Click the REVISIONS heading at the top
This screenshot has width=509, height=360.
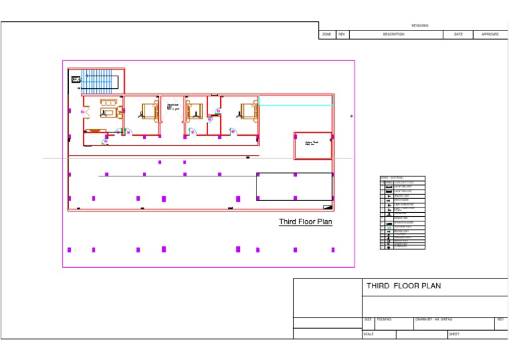420,26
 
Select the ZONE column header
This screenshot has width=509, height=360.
327,34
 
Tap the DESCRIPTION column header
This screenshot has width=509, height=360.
393,34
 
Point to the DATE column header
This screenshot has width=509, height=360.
458,34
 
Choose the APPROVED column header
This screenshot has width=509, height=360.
490,34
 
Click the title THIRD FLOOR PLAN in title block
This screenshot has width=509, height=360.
404,286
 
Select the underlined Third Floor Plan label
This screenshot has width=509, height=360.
305,222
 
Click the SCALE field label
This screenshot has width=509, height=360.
368,334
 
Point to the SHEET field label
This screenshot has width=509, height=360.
454,334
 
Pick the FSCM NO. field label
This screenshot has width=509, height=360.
384,320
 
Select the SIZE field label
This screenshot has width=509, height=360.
368,320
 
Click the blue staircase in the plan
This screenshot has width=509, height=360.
99,81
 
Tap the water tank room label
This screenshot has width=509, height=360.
310,145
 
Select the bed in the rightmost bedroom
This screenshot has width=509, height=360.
248,111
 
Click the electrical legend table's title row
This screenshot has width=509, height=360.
402,178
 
